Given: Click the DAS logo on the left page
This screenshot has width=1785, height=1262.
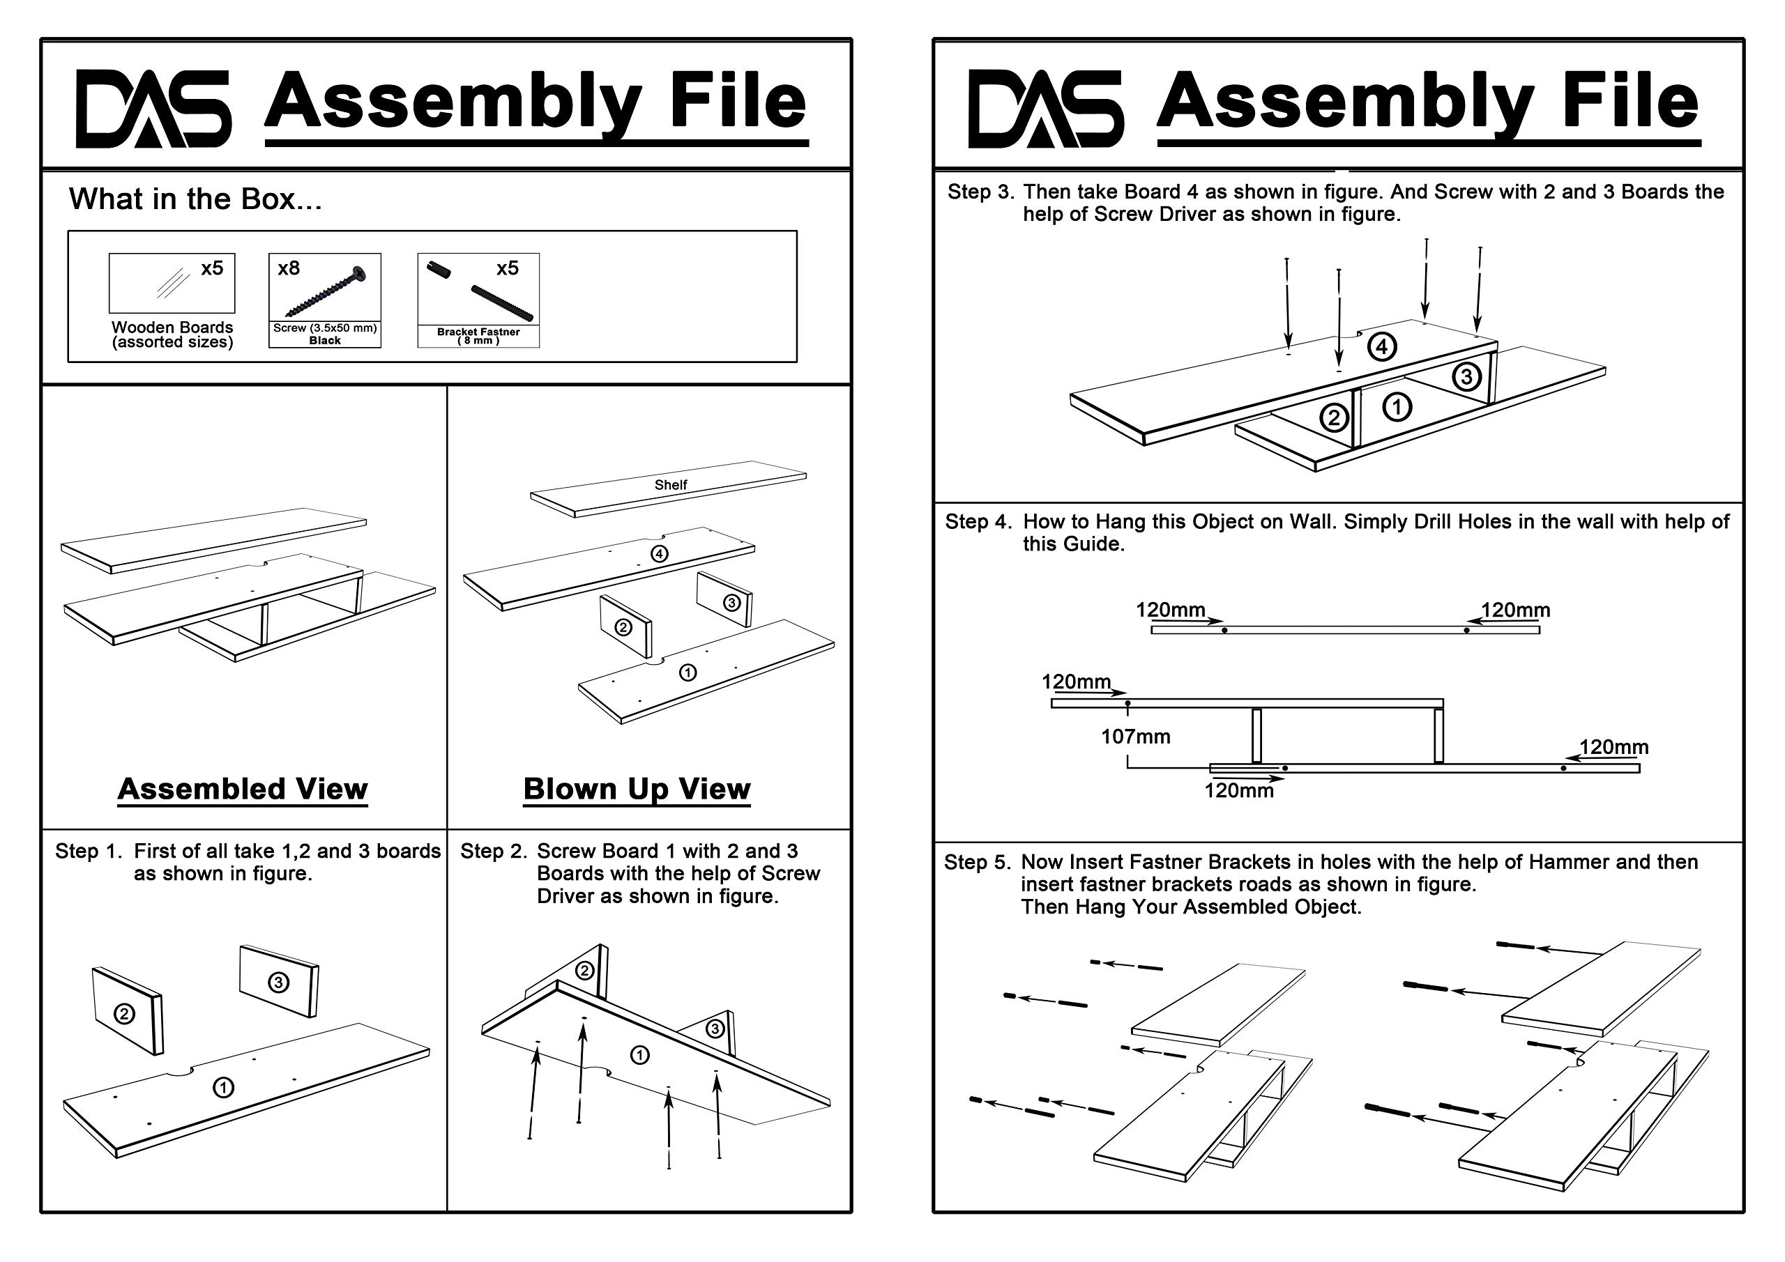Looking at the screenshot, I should (153, 108).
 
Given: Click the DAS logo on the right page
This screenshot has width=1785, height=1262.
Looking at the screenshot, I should (1045, 108).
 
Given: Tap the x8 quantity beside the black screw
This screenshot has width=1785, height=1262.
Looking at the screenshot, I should (289, 268).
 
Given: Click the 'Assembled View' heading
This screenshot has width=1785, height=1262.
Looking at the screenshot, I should (243, 789).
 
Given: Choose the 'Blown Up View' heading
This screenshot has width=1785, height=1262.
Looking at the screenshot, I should (637, 789).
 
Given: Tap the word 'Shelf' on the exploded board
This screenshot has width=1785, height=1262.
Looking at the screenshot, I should (670, 485).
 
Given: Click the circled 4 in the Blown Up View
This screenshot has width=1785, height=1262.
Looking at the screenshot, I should (660, 554).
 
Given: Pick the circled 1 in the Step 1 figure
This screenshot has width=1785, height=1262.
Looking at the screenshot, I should (223, 1087).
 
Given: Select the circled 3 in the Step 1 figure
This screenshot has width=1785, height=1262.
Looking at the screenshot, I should (278, 983).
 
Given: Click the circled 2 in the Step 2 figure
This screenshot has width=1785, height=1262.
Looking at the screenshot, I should (584, 971).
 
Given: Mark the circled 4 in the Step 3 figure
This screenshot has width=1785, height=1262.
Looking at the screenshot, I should (1381, 346).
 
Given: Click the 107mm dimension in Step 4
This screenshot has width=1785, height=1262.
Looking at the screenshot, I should (1135, 737).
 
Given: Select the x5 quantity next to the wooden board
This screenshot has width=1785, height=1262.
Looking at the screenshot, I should (211, 268).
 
